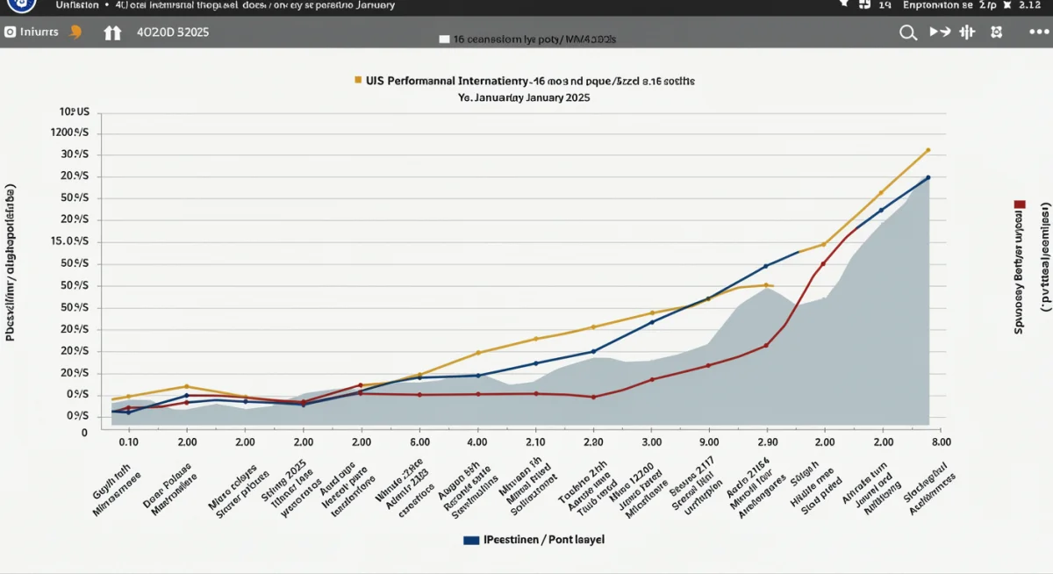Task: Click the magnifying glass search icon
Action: pyautogui.click(x=908, y=32)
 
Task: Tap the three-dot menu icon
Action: pyautogui.click(x=1038, y=32)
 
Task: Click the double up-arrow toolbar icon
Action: pyautogui.click(x=112, y=33)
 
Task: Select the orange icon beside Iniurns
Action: pyautogui.click(x=75, y=32)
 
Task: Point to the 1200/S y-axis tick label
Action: pyautogui.click(x=75, y=133)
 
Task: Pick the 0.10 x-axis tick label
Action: pyautogui.click(x=128, y=442)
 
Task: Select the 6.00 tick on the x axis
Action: pyautogui.click(x=419, y=442)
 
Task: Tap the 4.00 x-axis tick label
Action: pyautogui.click(x=477, y=442)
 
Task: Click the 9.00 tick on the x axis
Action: pyautogui.click(x=709, y=442)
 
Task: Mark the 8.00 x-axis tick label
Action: pyautogui.click(x=941, y=442)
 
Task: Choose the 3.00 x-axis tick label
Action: pyautogui.click(x=651, y=442)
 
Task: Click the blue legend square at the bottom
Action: pyautogui.click(x=470, y=540)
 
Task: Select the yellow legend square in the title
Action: pyautogui.click(x=358, y=80)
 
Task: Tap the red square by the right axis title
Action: pyautogui.click(x=1020, y=204)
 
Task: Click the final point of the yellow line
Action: pyautogui.click(x=928, y=150)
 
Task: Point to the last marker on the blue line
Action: pyautogui.click(x=928, y=177)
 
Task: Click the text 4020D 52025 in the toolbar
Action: pyautogui.click(x=173, y=32)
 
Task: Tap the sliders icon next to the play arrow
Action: pyautogui.click(x=968, y=32)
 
